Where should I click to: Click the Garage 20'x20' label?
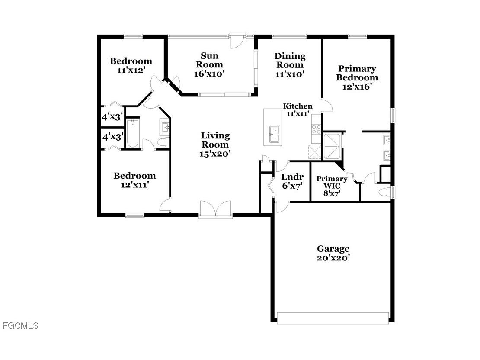point(333,253)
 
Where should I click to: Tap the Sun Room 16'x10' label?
point(209,65)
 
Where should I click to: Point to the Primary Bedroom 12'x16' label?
point(357,77)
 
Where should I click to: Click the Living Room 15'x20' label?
point(215,145)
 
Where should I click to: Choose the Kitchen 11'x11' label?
point(298,110)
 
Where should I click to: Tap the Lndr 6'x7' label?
point(292,181)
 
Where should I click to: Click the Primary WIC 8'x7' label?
point(332,186)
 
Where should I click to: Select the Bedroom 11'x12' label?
point(131,65)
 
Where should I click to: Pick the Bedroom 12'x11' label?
point(134,180)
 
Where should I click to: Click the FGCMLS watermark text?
point(20,326)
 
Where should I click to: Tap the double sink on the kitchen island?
point(274,134)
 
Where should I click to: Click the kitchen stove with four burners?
point(317,129)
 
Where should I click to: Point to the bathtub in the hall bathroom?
point(132,133)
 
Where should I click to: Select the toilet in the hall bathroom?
point(163,142)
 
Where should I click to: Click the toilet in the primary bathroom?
point(384,192)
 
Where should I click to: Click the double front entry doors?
point(215,209)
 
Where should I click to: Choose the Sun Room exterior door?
point(237,40)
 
